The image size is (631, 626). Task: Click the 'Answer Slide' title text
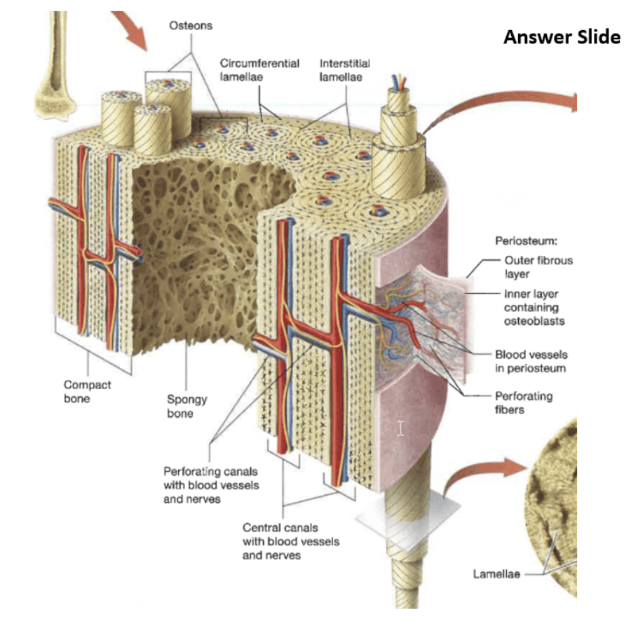click(x=562, y=37)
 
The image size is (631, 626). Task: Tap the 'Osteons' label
click(x=191, y=25)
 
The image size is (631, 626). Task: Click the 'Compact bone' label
click(x=88, y=392)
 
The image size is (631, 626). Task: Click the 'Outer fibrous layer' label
click(x=537, y=267)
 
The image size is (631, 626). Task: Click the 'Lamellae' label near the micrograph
click(x=496, y=574)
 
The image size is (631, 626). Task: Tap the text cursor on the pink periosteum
click(x=400, y=428)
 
